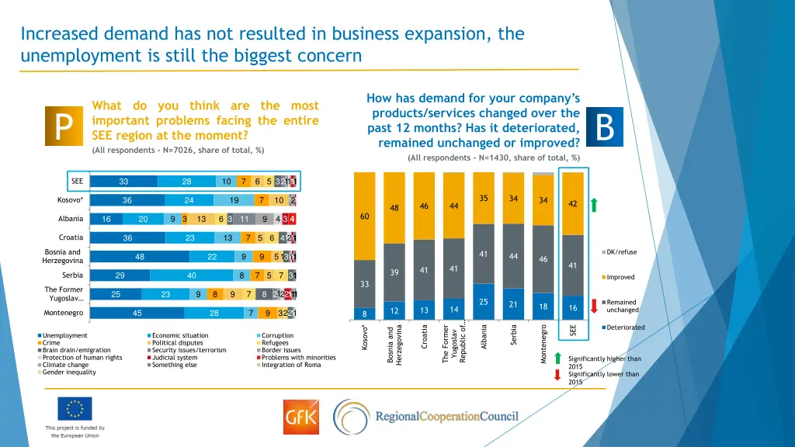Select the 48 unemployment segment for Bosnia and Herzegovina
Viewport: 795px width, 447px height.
click(x=139, y=258)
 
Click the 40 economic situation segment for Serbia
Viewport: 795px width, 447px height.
click(x=192, y=275)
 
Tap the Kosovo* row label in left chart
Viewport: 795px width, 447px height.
click(x=71, y=200)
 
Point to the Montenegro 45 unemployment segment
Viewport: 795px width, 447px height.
click(x=137, y=314)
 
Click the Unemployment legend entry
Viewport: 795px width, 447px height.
click(x=65, y=336)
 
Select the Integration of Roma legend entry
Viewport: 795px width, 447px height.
click(x=290, y=365)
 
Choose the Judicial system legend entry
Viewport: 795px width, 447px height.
click(x=175, y=358)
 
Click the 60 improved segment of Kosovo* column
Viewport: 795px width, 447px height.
click(x=364, y=216)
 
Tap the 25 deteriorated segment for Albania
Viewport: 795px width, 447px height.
click(x=483, y=301)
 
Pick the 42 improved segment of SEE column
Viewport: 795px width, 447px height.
click(x=572, y=204)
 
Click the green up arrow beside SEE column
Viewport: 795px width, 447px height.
click(x=595, y=205)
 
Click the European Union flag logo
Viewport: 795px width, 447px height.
click(x=75, y=408)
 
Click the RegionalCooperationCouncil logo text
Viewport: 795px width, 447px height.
click(x=446, y=417)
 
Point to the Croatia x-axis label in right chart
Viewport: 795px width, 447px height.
click(x=425, y=337)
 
